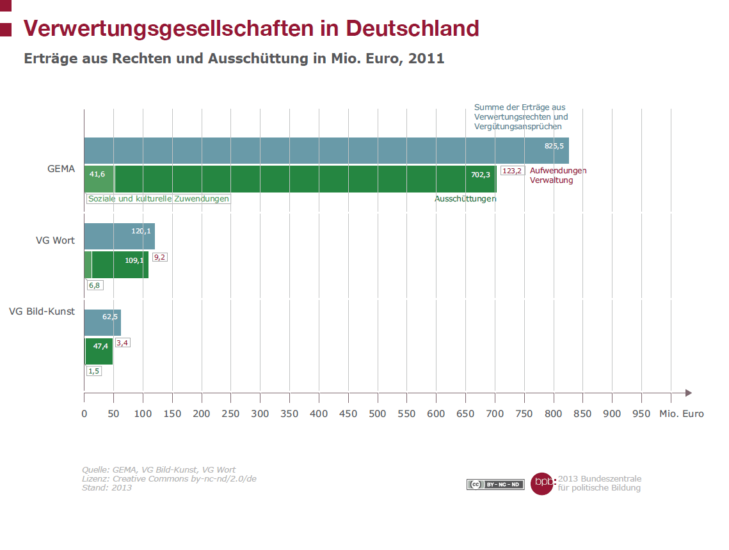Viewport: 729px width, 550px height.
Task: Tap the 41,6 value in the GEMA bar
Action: [98, 174]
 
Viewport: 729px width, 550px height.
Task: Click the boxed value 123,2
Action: [512, 171]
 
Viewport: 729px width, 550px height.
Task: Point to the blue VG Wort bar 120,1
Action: [119, 236]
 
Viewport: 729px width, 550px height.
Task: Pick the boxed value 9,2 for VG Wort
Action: [159, 257]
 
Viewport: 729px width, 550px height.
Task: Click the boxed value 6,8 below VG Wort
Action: [95, 285]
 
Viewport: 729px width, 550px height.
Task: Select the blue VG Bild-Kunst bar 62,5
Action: [102, 322]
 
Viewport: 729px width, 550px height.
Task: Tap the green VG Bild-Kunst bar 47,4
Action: [99, 351]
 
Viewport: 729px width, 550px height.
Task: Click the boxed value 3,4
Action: [122, 343]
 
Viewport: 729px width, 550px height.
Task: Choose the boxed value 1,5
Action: [94, 371]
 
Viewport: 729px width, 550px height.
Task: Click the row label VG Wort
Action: [55, 241]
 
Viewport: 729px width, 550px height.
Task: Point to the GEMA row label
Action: [61, 169]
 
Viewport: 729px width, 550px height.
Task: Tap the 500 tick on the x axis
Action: [377, 414]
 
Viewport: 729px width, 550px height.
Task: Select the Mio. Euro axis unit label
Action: [681, 414]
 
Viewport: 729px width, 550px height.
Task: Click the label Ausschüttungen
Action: [465, 199]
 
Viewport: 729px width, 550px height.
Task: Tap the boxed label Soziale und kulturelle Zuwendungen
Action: [158, 199]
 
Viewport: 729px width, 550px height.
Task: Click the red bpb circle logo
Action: [542, 483]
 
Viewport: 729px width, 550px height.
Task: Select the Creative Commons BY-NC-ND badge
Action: [495, 485]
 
